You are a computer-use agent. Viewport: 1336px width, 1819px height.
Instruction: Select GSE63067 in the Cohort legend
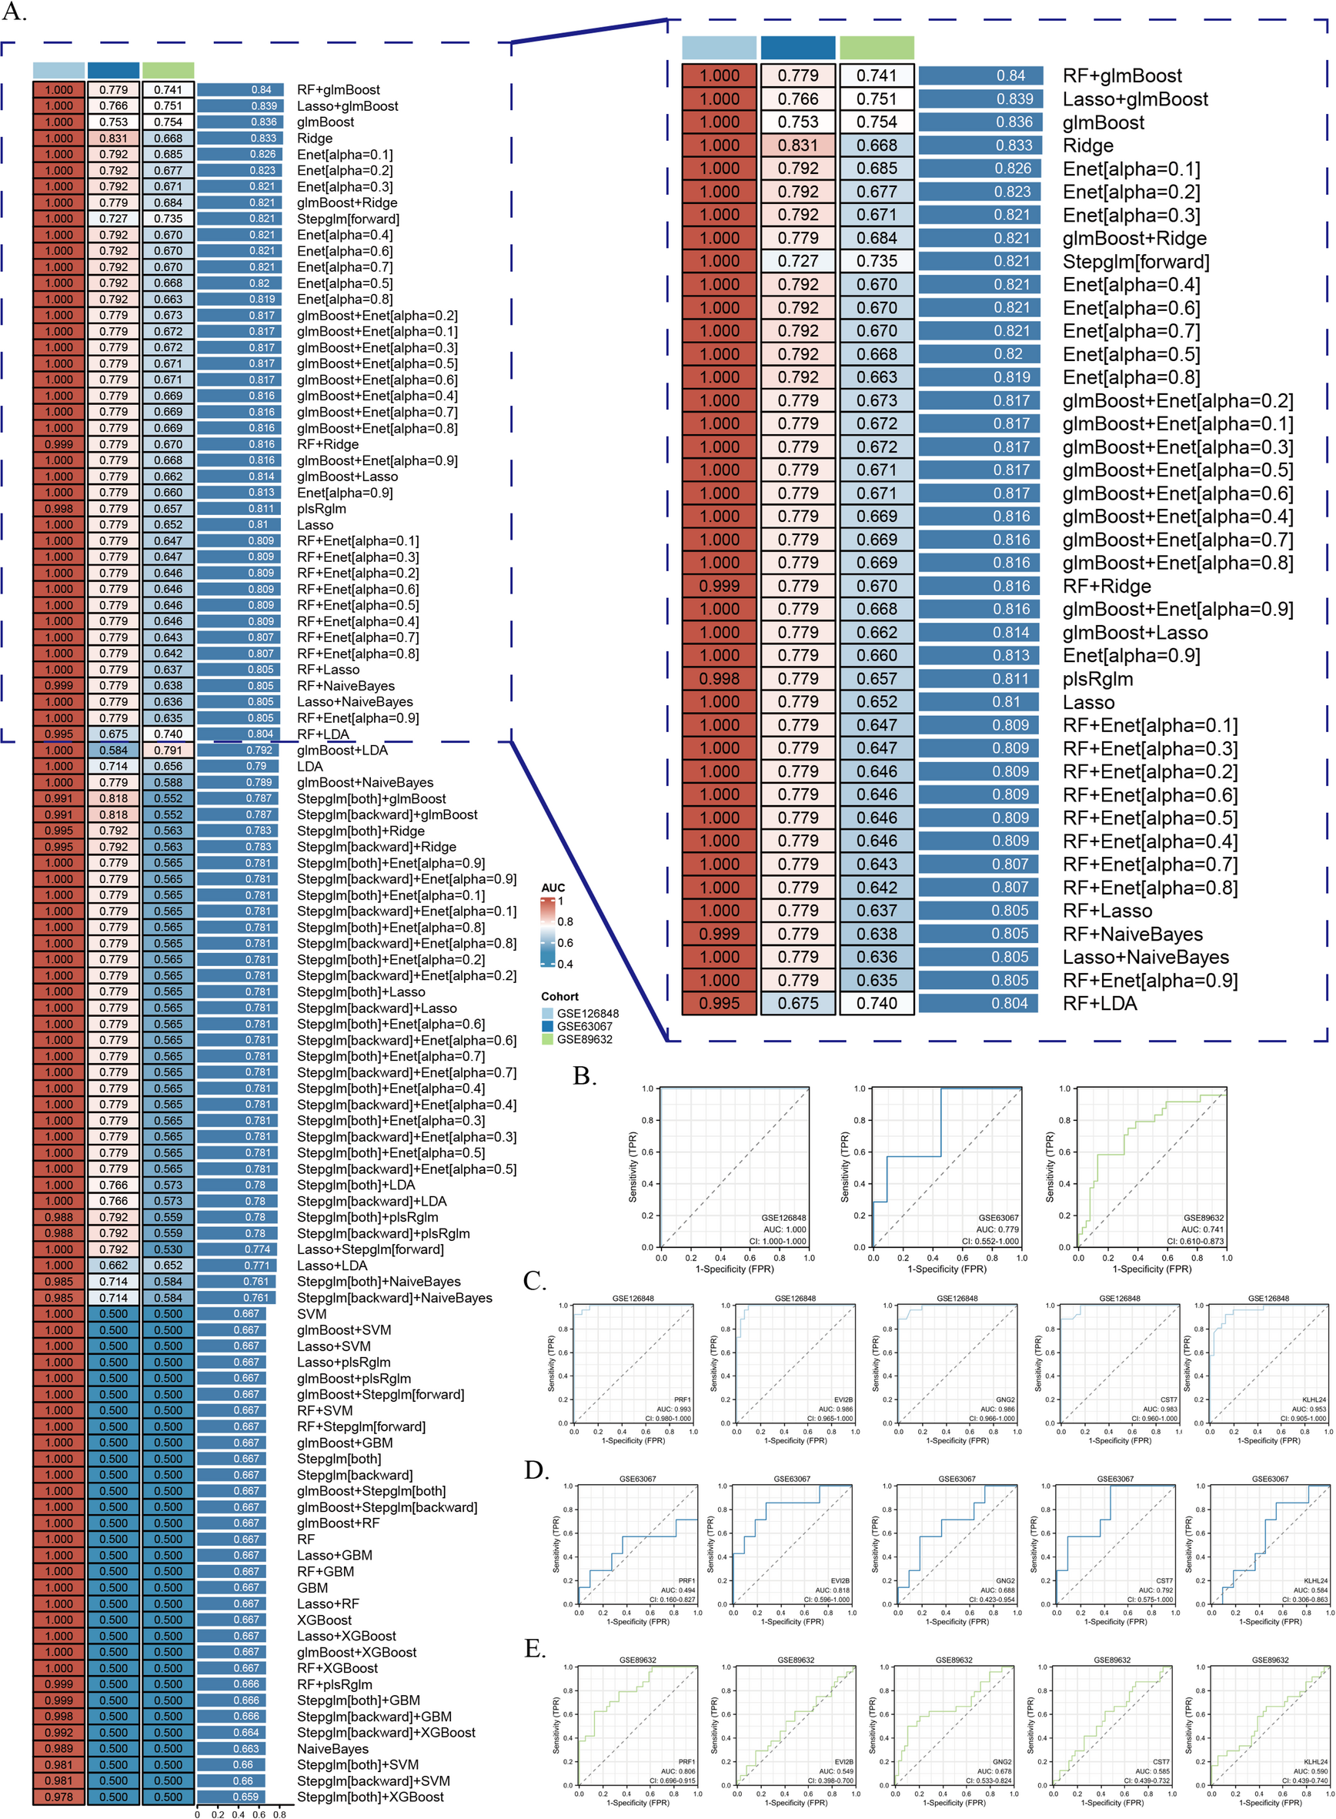[584, 1026]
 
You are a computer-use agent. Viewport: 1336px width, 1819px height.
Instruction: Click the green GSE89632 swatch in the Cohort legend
[547, 1039]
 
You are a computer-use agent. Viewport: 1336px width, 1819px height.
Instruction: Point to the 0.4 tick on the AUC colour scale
[564, 964]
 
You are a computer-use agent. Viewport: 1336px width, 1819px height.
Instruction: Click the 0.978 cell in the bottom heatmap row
[59, 1797]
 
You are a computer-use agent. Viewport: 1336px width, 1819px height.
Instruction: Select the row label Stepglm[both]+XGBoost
[370, 1797]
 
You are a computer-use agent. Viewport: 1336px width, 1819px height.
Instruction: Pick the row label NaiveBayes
[332, 1749]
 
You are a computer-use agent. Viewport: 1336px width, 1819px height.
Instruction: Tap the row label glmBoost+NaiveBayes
[365, 782]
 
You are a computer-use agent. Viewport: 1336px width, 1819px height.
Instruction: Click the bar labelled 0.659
[236, 1797]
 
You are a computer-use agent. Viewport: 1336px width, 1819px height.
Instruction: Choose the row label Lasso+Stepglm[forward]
[370, 1249]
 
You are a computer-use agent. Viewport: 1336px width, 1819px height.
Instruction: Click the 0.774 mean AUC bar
[238, 1249]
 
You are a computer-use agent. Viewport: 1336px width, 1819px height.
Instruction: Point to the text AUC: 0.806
[677, 1771]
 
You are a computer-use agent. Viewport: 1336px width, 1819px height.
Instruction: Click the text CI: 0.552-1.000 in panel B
[990, 1242]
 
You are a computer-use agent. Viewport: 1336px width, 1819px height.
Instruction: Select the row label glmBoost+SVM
[344, 1329]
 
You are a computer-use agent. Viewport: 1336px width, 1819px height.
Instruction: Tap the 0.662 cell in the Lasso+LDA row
[113, 1266]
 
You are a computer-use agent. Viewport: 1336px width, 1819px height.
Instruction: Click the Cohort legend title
[559, 996]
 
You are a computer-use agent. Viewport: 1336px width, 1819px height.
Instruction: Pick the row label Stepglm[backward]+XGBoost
[386, 1733]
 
